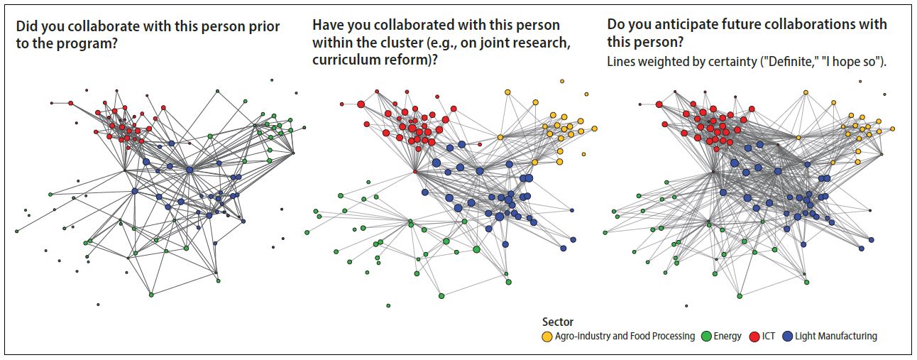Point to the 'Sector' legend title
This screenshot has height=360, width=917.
pos(557,322)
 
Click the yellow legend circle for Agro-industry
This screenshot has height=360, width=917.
pos(547,336)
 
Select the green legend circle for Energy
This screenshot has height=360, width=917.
pos(705,336)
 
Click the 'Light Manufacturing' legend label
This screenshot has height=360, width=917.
pos(836,336)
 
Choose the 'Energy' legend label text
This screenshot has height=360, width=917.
pos(727,336)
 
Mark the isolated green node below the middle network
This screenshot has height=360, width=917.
pos(388,306)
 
